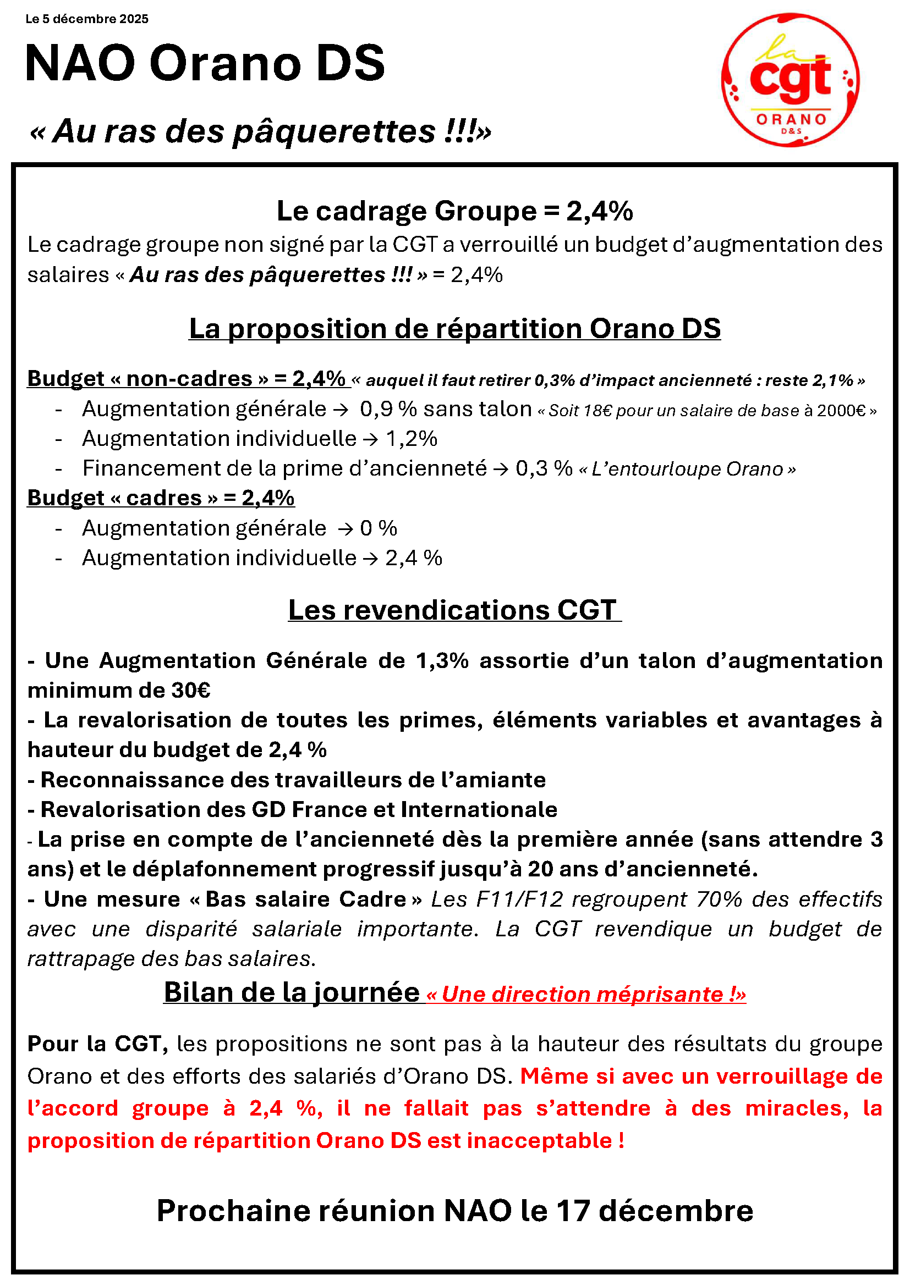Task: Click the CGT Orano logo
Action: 790,80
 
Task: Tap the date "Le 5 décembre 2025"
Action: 87,19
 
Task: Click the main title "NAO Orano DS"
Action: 205,63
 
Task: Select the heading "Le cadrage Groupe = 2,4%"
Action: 454,211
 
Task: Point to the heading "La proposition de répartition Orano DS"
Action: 454,329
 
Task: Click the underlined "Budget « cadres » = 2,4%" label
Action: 161,498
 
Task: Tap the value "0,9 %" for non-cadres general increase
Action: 388,410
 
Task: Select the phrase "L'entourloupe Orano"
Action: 687,469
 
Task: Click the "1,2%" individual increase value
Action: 412,439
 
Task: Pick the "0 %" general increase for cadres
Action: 378,528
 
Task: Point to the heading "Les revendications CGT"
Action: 454,610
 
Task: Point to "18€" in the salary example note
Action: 597,411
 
